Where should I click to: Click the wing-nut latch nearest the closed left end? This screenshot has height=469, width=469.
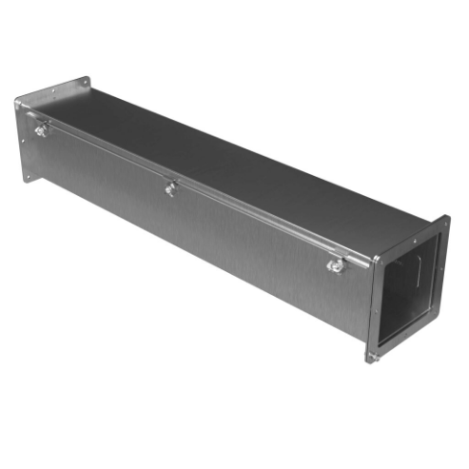(x=41, y=130)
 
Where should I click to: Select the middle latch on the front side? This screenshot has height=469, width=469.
(x=169, y=188)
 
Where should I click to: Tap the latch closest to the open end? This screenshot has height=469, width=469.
(x=336, y=265)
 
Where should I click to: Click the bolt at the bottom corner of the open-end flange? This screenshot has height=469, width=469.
(x=372, y=358)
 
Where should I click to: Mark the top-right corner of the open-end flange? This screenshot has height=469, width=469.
(x=446, y=219)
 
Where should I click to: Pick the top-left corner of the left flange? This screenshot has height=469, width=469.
(x=16, y=100)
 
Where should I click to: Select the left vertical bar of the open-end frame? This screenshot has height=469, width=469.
(x=375, y=304)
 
